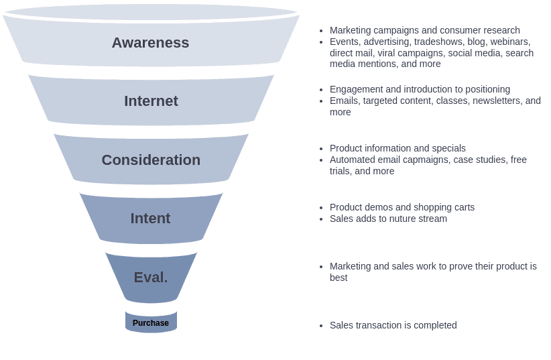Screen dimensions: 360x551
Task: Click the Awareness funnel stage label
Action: coord(150,43)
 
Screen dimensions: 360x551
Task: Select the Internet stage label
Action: coord(151,101)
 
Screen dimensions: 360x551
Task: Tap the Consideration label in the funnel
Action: coord(151,160)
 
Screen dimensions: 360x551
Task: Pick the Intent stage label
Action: coord(150,219)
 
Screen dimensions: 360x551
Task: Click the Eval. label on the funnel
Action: coord(151,278)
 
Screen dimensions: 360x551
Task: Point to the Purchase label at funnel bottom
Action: coord(151,323)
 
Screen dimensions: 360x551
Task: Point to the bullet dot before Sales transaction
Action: coord(321,326)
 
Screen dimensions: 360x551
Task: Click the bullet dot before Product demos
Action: coord(321,208)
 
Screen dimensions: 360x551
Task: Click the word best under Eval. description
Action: coord(339,278)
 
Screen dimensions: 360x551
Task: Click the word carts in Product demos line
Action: coord(463,207)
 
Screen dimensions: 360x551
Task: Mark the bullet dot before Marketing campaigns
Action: coord(321,31)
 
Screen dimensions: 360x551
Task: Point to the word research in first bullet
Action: coord(499,30)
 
